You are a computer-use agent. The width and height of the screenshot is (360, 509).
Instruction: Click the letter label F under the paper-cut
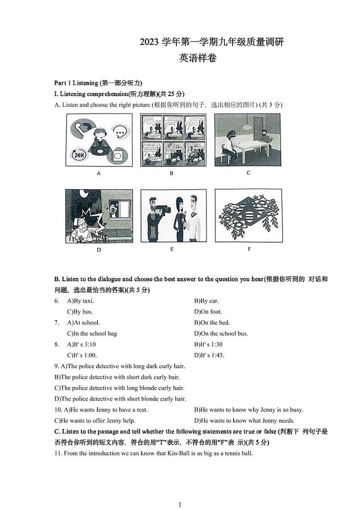pos(249,249)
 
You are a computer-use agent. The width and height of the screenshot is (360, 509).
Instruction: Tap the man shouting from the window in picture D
pos(112,208)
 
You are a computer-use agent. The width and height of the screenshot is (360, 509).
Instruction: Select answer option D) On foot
pos(208,312)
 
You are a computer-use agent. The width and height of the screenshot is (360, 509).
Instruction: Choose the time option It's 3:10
pos(81,344)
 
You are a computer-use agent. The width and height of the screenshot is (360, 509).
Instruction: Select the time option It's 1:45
pos(209,355)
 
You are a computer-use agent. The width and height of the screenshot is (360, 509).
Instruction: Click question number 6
pos(57,301)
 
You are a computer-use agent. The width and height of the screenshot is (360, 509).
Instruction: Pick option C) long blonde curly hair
pos(119,388)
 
